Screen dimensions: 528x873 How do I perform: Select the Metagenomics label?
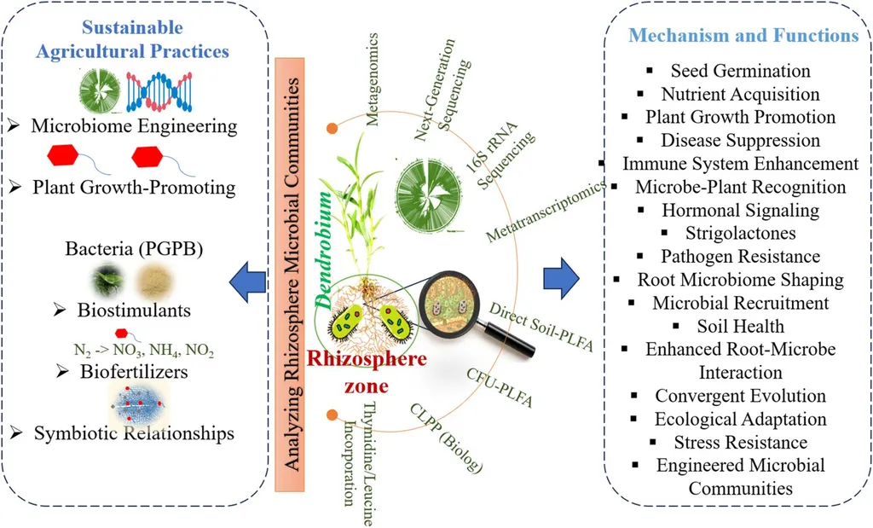click(373, 79)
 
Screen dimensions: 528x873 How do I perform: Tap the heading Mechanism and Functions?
click(743, 36)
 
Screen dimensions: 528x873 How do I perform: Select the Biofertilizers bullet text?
click(134, 372)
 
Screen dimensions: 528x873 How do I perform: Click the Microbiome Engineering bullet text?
click(134, 126)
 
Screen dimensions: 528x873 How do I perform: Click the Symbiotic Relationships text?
click(134, 433)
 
